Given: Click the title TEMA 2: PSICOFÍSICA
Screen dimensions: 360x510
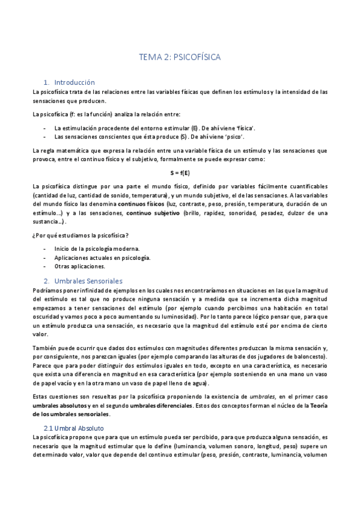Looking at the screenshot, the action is (x=180, y=57).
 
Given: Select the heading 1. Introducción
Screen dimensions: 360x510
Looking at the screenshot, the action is (x=70, y=82).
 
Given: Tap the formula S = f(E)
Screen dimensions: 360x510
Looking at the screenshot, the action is (x=180, y=173).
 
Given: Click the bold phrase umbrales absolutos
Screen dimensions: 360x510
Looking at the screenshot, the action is (x=59, y=407).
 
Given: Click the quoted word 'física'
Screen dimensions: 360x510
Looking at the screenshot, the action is (x=243, y=128).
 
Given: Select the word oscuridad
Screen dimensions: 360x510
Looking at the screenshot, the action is (x=46, y=316).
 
